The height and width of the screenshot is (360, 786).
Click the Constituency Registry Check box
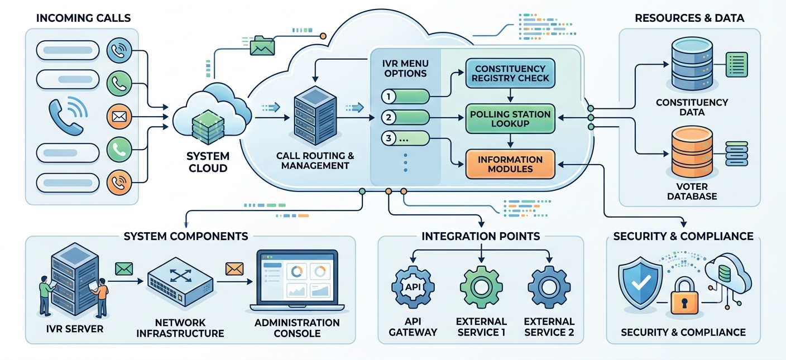[510, 73]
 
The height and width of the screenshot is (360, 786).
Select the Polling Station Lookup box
[510, 118]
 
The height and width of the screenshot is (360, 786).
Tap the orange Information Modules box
[510, 164]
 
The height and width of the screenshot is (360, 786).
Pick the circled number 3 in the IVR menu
[389, 138]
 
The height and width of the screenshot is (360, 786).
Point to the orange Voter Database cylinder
[692, 152]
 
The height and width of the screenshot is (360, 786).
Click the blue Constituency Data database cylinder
[692, 64]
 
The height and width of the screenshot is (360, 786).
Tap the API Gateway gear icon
[413, 287]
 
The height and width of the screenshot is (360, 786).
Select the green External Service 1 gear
[481, 287]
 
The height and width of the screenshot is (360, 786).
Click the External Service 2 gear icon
[549, 287]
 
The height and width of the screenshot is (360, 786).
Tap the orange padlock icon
[684, 296]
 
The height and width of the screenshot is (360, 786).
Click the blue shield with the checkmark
[640, 283]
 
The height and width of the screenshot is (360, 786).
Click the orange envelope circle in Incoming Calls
[119, 117]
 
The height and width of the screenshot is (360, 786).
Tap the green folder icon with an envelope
[262, 46]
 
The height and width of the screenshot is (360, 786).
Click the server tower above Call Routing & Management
[315, 116]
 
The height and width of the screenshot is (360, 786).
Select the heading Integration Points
[481, 236]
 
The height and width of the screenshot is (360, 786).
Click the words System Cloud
[208, 162]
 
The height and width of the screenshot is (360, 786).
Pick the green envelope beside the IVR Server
[124, 269]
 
